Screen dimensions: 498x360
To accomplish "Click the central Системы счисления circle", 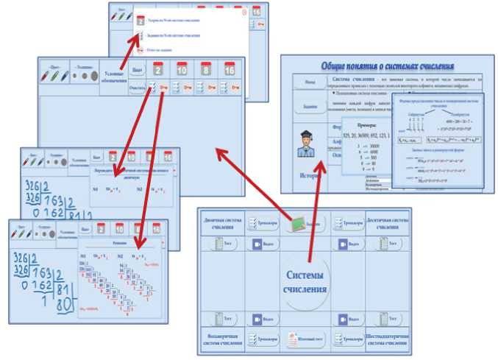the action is click(x=306, y=280).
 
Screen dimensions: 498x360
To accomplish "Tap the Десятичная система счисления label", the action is click(x=388, y=223).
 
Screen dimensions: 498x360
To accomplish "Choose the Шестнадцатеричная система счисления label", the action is click(x=388, y=340).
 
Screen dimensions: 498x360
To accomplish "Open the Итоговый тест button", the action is click(x=305, y=339).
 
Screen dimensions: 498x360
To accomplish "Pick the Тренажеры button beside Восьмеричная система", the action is click(x=261, y=339).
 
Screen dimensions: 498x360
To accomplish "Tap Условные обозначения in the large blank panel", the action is click(x=114, y=77).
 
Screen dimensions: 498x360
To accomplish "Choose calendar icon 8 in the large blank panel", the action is click(x=206, y=70).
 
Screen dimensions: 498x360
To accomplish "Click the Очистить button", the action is click(x=137, y=88).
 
